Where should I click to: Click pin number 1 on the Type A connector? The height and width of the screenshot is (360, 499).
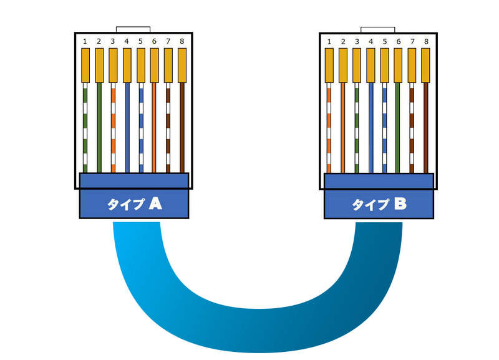click(x=85, y=41)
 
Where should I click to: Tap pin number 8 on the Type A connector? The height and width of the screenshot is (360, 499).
click(x=182, y=41)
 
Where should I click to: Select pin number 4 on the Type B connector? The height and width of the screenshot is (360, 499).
click(x=371, y=42)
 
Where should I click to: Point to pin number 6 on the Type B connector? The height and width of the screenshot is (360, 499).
click(x=399, y=42)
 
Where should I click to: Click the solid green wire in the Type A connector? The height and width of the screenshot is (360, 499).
click(x=99, y=128)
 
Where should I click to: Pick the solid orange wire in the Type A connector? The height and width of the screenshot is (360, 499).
click(x=154, y=128)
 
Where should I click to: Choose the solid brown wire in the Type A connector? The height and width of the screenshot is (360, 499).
click(x=182, y=128)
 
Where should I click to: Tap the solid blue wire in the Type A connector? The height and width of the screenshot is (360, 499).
click(x=127, y=128)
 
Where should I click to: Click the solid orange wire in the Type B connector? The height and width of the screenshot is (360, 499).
click(x=342, y=128)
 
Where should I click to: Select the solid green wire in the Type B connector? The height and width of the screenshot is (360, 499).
click(x=398, y=128)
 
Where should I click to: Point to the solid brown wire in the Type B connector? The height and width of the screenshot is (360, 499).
click(x=426, y=128)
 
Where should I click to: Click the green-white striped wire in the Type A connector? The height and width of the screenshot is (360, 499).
click(x=85, y=128)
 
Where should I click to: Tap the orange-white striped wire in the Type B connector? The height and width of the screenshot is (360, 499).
click(x=329, y=128)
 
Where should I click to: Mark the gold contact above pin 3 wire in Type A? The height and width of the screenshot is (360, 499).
click(x=113, y=66)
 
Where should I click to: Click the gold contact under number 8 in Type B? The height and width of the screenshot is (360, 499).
click(x=426, y=66)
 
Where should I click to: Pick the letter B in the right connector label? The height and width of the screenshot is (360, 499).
click(x=400, y=204)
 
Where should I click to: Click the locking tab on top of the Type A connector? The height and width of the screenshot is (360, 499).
click(x=133, y=29)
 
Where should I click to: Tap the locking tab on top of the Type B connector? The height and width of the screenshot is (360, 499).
click(x=378, y=30)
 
